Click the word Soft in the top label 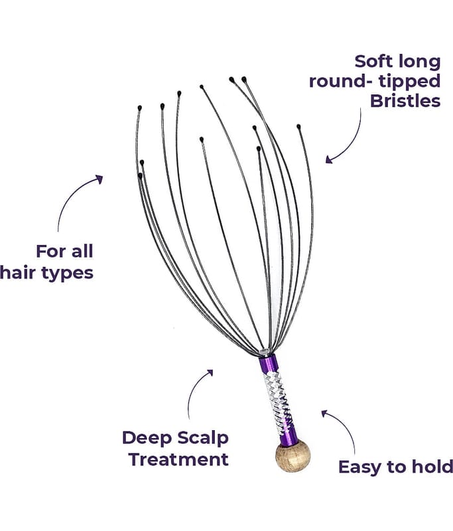coord(372,62)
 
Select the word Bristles coord(405,101)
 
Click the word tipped coord(406,82)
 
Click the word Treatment coord(178,459)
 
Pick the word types coord(66,273)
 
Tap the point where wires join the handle coord(265,352)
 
